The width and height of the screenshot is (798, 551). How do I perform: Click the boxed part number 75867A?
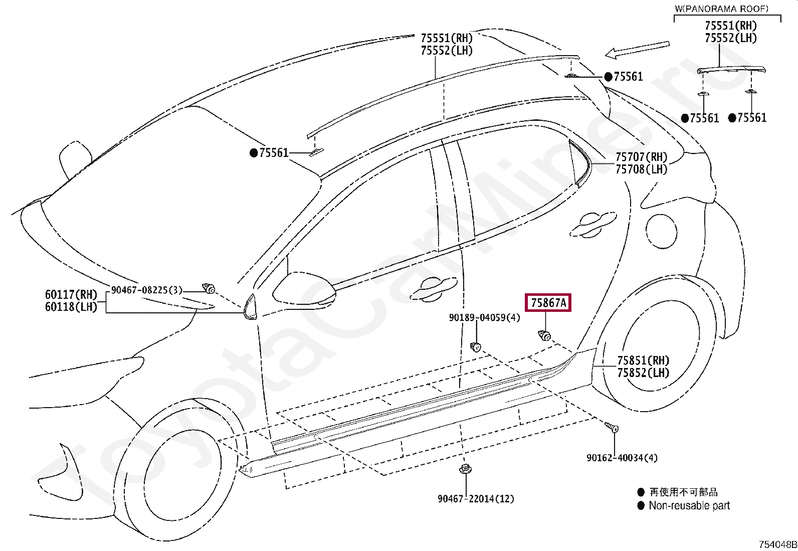(548, 303)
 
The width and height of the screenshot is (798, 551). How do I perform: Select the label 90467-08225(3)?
(147, 290)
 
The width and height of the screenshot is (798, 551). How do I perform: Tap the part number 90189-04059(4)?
(484, 317)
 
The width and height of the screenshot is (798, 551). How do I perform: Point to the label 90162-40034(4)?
(622, 458)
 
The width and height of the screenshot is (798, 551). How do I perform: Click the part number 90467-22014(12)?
(476, 499)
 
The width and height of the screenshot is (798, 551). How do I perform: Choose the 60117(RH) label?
(71, 294)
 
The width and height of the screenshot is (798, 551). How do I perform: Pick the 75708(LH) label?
(641, 169)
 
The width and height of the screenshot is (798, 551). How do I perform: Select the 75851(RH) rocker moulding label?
(643, 360)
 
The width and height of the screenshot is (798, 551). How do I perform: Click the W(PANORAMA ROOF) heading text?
(721, 9)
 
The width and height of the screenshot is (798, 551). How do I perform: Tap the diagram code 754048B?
(777, 544)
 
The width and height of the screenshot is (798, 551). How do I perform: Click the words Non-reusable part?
(689, 505)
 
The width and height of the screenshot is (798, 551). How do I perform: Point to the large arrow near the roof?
(637, 49)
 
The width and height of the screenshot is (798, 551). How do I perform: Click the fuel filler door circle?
(661, 231)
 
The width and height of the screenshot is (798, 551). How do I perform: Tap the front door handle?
(434, 289)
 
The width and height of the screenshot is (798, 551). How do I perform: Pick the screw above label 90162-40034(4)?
(612, 428)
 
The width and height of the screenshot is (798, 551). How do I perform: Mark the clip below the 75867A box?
(545, 335)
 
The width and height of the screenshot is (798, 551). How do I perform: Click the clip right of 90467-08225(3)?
(209, 288)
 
